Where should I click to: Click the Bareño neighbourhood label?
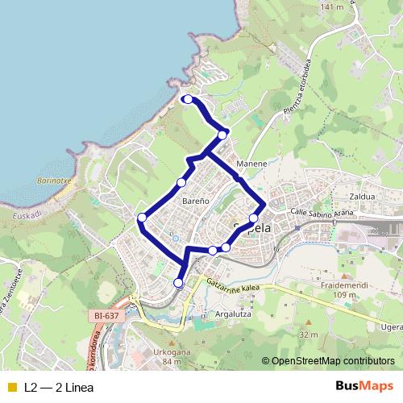point(196,198)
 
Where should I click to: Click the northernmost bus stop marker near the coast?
point(187,99)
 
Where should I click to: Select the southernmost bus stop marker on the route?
point(179,282)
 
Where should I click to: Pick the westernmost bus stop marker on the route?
point(142,218)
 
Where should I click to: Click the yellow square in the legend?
point(11,387)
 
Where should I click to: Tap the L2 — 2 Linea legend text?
point(59,387)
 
